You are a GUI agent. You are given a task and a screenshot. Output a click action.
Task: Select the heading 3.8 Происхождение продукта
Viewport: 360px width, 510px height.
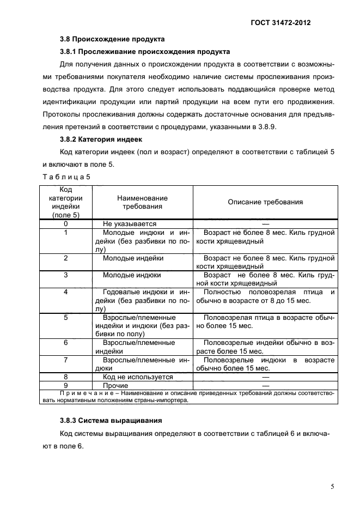click(x=112, y=39)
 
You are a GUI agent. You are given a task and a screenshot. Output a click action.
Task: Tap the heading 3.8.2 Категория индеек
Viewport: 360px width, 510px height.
click(x=100, y=139)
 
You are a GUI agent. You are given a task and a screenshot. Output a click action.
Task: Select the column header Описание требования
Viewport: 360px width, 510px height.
click(x=265, y=202)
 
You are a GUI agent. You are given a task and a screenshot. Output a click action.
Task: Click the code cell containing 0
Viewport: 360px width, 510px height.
click(x=66, y=224)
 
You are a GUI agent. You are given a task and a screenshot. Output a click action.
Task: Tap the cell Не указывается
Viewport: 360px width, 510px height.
click(x=130, y=224)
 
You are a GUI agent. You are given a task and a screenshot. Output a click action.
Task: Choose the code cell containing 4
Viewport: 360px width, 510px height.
click(x=66, y=292)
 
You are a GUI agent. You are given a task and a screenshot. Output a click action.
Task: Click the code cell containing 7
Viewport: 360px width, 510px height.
click(x=66, y=360)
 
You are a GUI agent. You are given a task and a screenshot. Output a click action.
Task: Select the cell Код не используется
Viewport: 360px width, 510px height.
click(x=138, y=377)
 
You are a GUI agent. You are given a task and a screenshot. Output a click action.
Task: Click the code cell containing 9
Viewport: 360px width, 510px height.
click(x=66, y=385)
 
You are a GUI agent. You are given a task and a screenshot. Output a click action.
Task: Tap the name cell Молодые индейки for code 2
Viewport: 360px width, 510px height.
click(x=133, y=258)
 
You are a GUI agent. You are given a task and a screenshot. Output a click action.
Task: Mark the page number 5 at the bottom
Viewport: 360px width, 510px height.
click(x=332, y=487)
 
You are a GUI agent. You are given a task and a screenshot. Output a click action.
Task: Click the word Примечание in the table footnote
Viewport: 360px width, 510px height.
click(x=80, y=393)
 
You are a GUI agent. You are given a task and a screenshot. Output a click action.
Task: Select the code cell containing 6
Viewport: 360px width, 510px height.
click(x=66, y=343)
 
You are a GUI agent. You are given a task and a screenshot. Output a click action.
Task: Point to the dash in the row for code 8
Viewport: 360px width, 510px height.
click(x=265, y=377)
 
